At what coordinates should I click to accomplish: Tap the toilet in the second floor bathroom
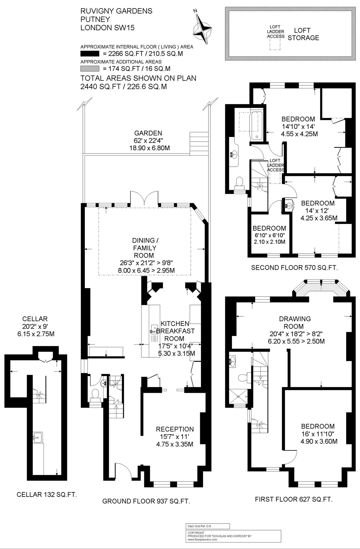click(x=239, y=183)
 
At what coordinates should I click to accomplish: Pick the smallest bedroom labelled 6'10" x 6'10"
click(x=269, y=235)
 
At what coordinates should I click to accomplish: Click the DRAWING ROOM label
click(x=295, y=322)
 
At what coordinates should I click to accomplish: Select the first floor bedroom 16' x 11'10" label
click(x=318, y=434)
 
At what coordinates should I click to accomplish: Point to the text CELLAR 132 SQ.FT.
click(x=47, y=494)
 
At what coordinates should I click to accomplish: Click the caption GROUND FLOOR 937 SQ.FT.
click(x=146, y=501)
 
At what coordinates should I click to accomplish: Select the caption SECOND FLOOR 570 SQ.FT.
click(x=294, y=268)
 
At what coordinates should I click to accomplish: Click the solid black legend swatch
click(x=90, y=54)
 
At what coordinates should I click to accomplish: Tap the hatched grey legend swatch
click(x=90, y=69)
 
